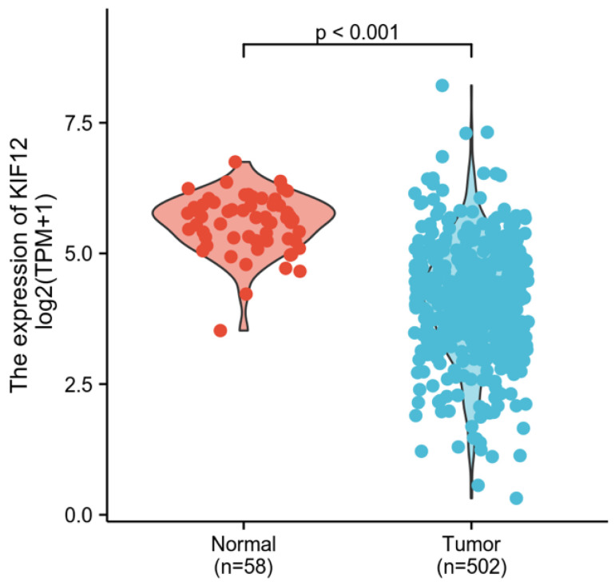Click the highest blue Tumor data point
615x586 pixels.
[x=442, y=85]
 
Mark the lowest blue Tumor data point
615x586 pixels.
[x=516, y=498]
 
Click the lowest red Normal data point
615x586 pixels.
[x=220, y=330]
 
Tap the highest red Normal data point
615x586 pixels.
[x=236, y=161]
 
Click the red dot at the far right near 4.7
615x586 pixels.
[x=300, y=271]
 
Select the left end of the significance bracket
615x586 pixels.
[x=243, y=50]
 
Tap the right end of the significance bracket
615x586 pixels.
[x=472, y=50]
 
